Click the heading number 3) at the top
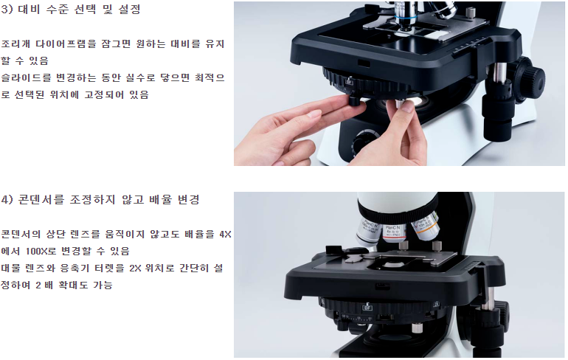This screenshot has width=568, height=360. click(7, 10)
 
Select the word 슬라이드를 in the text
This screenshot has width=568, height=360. click(25, 77)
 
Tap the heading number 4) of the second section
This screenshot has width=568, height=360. click(7, 200)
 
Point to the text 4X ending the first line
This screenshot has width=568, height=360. click(225, 235)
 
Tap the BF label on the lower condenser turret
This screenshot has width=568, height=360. click(367, 308)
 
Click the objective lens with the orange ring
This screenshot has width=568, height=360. click(425, 226)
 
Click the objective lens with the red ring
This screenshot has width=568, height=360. click(393, 232)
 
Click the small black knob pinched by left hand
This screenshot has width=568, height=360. click(354, 100)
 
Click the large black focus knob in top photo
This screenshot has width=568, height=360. click(529, 77)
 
